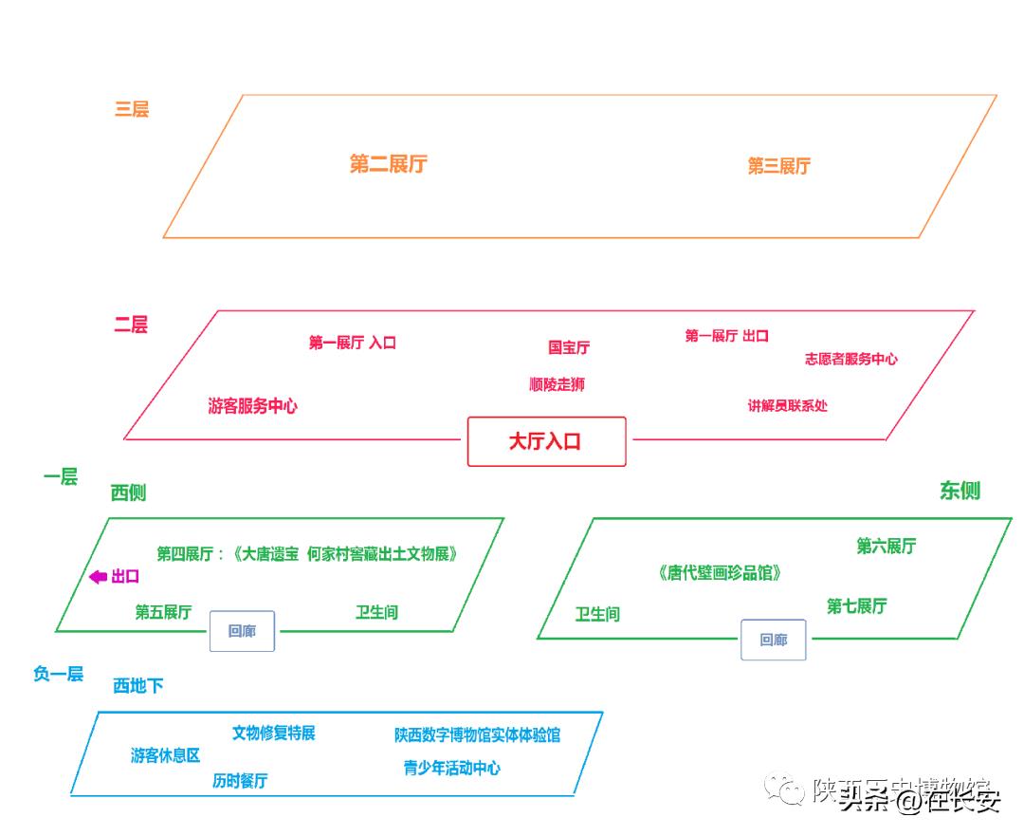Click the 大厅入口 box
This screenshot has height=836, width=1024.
[546, 441]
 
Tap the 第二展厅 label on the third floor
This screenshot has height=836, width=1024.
[388, 164]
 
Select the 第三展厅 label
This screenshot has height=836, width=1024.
[778, 166]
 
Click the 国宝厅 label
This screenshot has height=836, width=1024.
[568, 347]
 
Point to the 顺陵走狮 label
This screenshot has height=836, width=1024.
[557, 384]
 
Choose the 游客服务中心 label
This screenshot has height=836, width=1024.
[252, 406]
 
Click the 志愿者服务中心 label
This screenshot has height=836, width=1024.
[850, 359]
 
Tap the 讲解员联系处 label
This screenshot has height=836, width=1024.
[787, 405]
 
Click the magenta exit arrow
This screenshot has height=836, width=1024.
[98, 577]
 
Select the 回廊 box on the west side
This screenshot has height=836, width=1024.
[242, 631]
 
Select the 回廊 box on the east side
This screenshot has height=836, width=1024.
[774, 641]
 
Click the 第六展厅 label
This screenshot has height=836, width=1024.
[886, 547]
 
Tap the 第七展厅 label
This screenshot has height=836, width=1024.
[856, 605]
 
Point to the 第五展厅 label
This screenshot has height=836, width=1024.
[163, 612]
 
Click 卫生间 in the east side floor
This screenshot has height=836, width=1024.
[597, 614]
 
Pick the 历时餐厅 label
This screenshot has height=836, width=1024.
[240, 781]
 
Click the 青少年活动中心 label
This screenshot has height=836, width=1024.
[451, 768]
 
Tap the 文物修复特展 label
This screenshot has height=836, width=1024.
[273, 733]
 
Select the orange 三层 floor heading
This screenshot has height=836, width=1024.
[132, 109]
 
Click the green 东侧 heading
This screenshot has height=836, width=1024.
[960, 491]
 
